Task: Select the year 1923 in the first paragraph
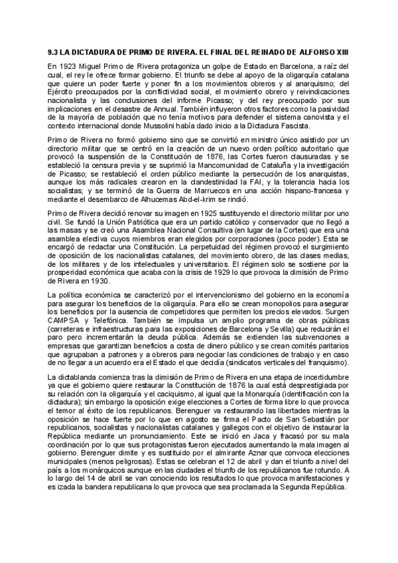coord(69,67)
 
